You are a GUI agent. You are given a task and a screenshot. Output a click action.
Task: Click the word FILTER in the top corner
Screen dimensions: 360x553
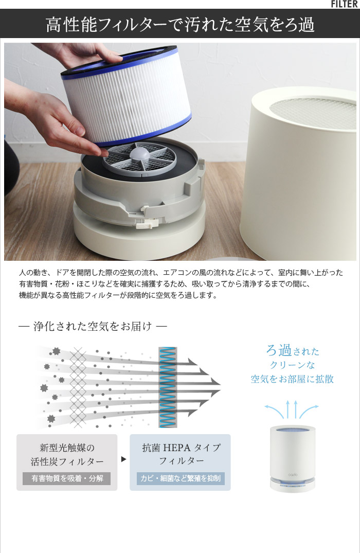[345, 4]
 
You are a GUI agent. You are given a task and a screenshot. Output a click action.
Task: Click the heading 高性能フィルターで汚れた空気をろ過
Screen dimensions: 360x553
[180, 25]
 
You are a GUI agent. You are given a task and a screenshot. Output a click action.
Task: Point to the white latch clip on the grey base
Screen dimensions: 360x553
[150, 222]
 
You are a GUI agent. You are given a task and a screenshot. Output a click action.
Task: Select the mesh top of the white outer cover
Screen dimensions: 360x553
[313, 113]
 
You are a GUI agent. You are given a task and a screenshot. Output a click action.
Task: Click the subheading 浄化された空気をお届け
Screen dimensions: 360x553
[93, 326]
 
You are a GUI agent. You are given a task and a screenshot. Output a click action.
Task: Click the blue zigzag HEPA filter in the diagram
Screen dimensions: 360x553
[168, 387]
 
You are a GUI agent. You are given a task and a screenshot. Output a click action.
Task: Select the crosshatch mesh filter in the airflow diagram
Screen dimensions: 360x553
[78, 387]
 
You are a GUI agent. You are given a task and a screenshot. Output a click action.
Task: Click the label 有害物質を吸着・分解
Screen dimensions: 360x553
[67, 478]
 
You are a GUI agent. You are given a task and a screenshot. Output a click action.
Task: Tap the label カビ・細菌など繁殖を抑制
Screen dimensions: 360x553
[181, 478]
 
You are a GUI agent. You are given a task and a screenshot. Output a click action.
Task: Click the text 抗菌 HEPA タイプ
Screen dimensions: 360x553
[181, 448]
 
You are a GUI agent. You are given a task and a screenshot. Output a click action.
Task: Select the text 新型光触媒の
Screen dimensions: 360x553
[67, 448]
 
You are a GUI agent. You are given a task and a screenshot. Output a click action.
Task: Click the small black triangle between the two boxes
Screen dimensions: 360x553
[123, 459]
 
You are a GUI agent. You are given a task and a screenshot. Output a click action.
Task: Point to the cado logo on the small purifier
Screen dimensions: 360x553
[293, 475]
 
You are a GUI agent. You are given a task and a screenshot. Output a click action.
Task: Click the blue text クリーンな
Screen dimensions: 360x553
[292, 365]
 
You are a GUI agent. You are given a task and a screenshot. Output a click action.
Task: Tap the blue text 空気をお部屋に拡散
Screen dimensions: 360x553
[292, 379]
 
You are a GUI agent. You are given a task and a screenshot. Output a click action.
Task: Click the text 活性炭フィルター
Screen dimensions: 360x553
[67, 461]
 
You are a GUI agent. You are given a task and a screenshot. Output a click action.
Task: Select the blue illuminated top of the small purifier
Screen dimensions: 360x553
[292, 430]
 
